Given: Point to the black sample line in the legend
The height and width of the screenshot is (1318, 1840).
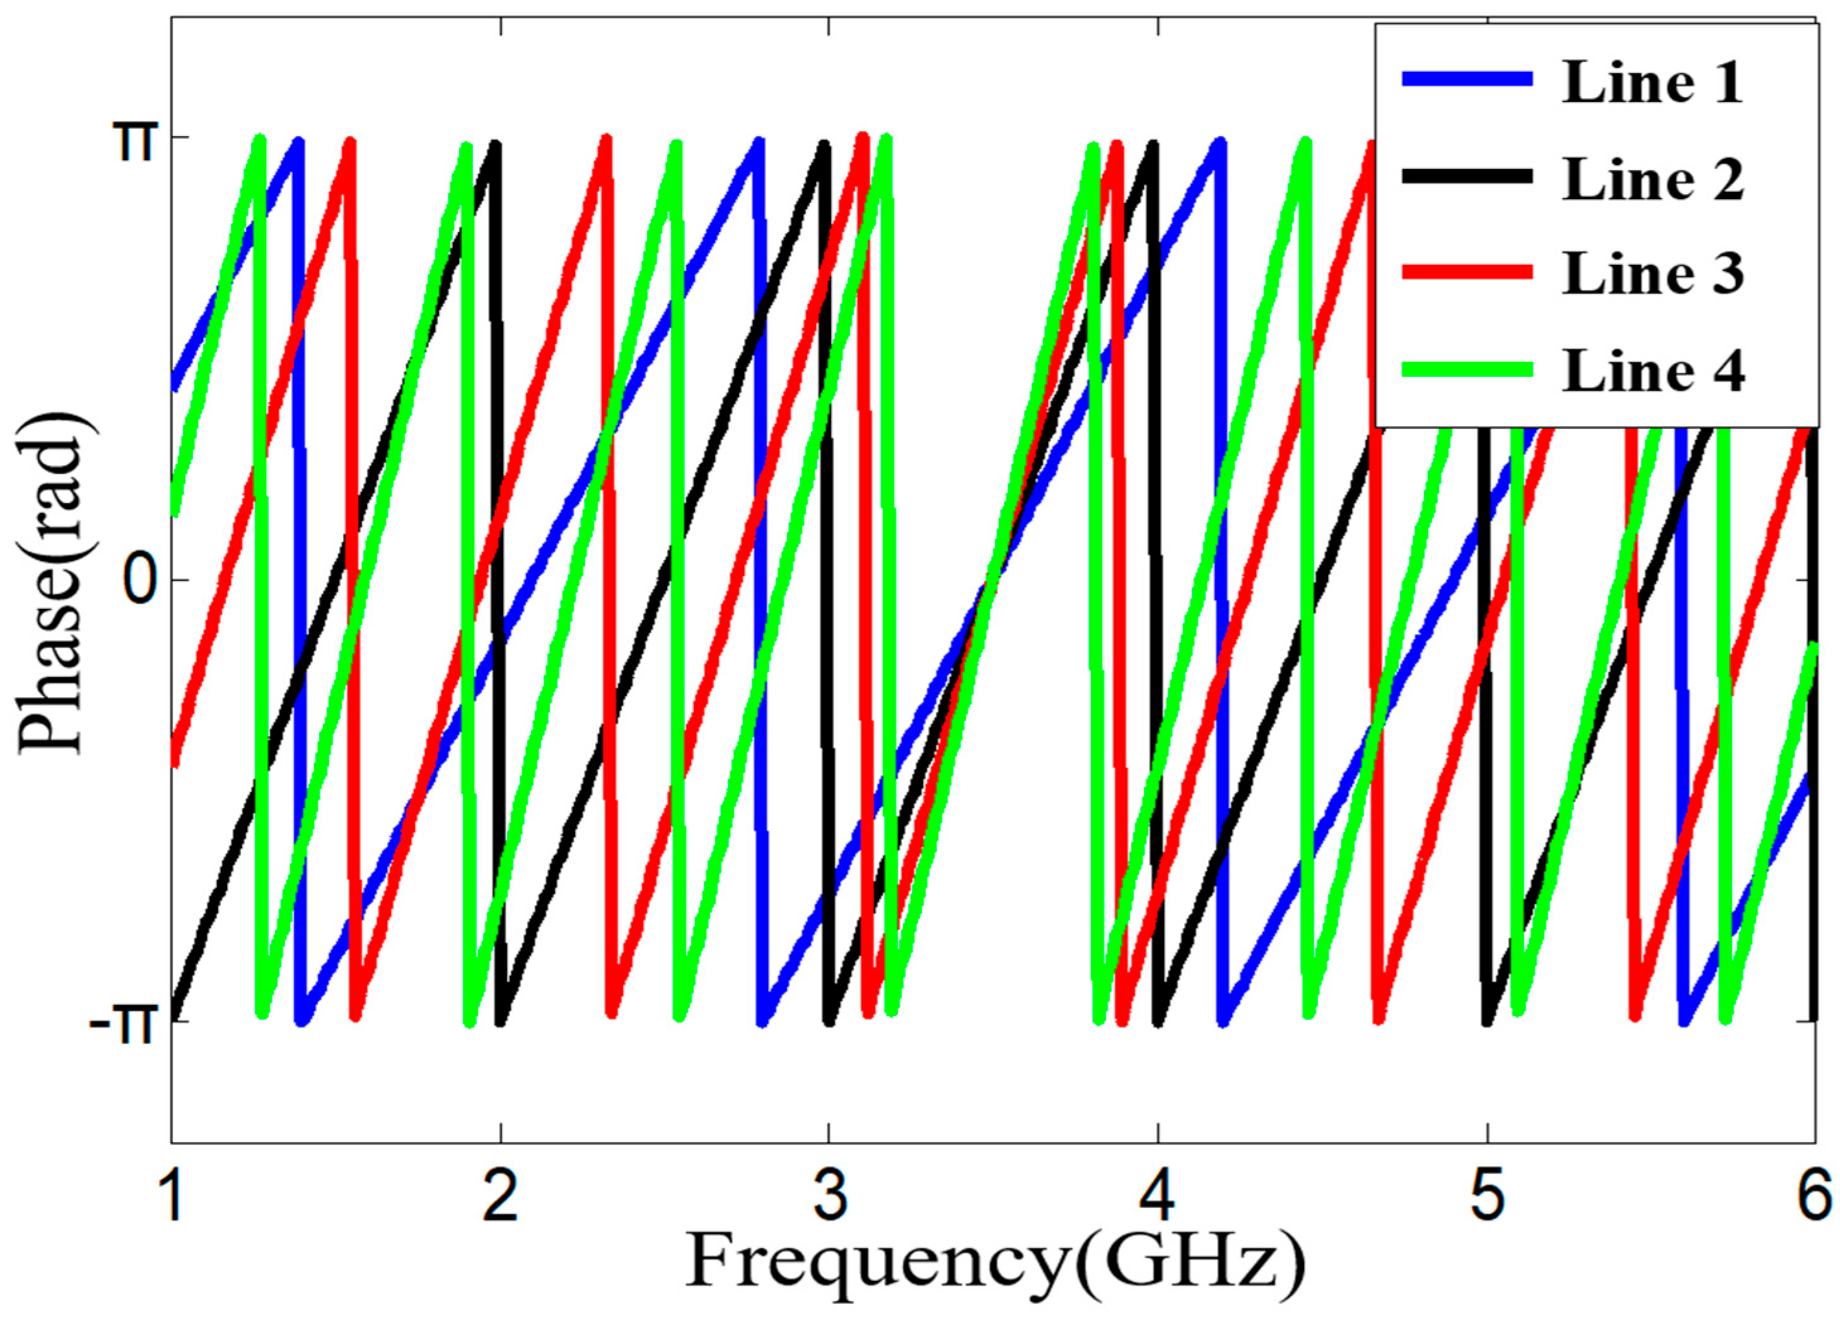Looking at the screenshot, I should point(1467,175).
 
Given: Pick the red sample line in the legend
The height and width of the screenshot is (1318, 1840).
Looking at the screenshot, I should point(1467,272).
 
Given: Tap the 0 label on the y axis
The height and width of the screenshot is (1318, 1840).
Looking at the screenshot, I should point(139,580).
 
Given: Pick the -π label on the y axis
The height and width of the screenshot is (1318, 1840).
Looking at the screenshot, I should point(122,1025).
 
